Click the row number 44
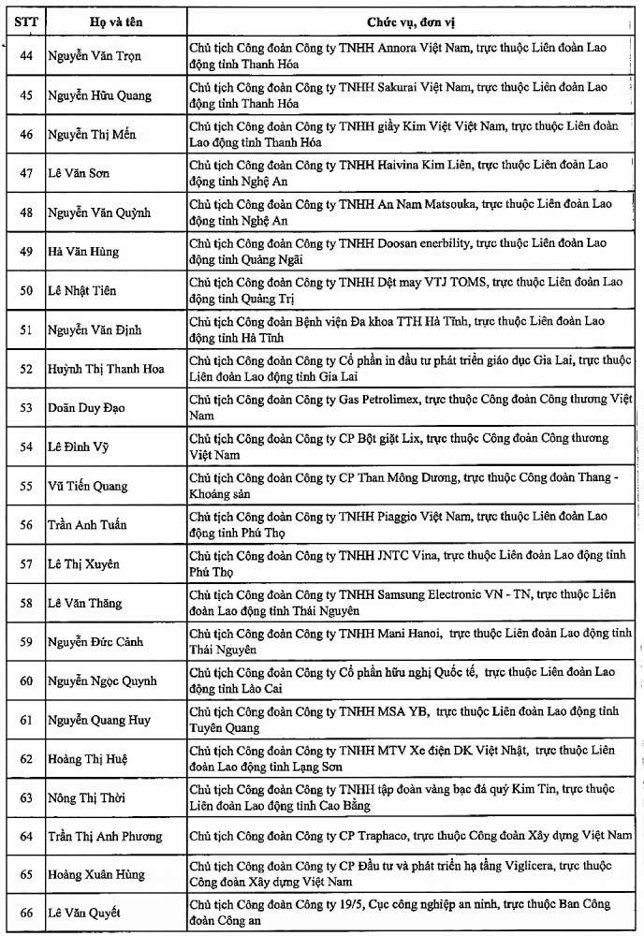click(x=26, y=55)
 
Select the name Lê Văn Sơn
click(x=78, y=173)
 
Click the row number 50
click(x=26, y=290)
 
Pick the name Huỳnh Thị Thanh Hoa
click(x=106, y=369)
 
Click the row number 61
click(x=26, y=720)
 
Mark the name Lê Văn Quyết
click(x=85, y=914)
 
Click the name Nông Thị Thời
click(x=86, y=797)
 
